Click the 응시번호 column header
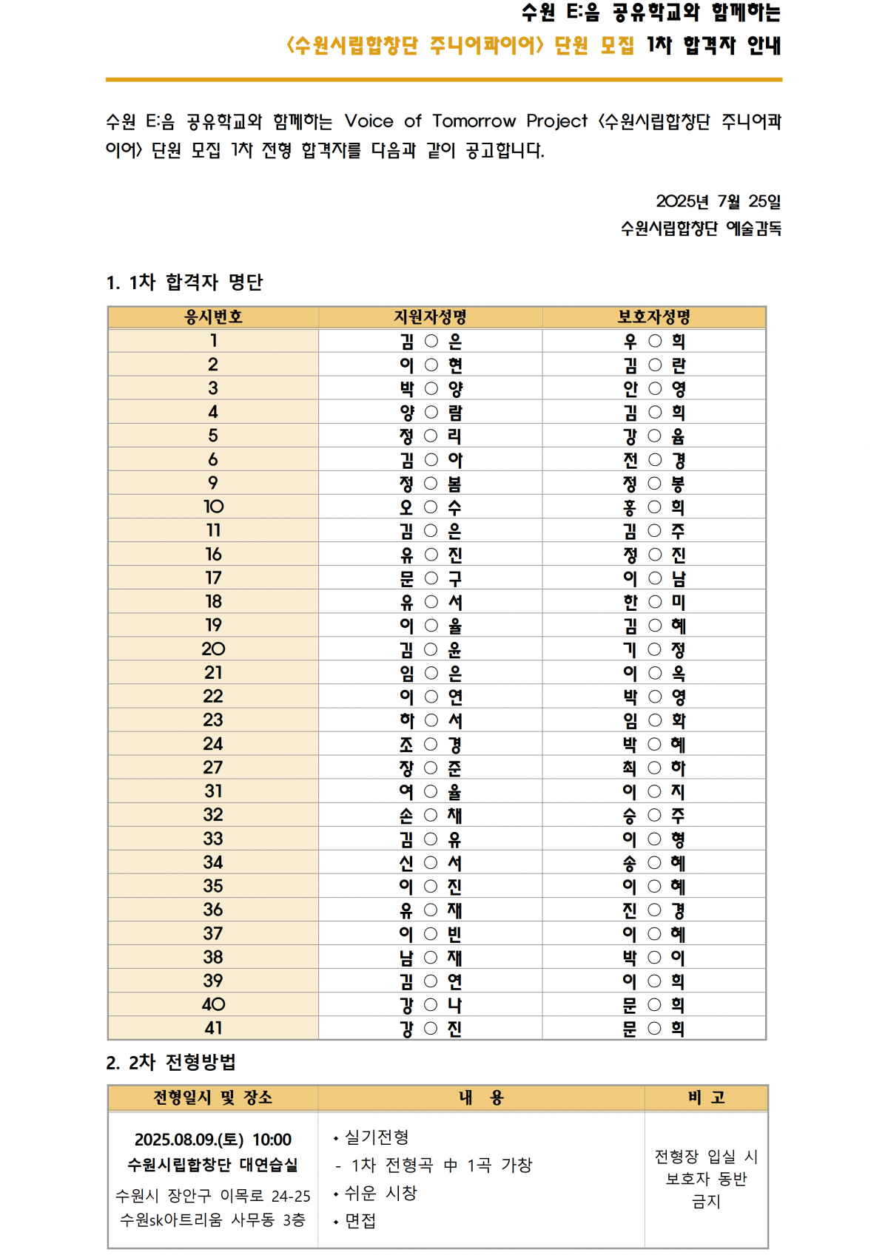[x=213, y=317]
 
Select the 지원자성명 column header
[x=430, y=317]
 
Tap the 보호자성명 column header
[x=654, y=317]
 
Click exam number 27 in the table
[x=213, y=768]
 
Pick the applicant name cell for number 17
[x=431, y=578]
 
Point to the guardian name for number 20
[x=654, y=649]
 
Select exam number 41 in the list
[x=213, y=1028]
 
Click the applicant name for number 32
[x=431, y=815]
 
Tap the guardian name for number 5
[x=654, y=436]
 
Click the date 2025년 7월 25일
[x=718, y=201]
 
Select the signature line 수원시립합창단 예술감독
[x=701, y=229]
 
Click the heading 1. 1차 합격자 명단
[x=184, y=282]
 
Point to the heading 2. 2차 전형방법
[x=171, y=1063]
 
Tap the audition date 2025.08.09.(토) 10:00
[x=213, y=1140]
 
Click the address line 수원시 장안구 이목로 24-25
[x=213, y=1196]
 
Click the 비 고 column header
[x=706, y=1097]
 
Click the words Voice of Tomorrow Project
[x=465, y=121]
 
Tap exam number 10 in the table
[x=213, y=507]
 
